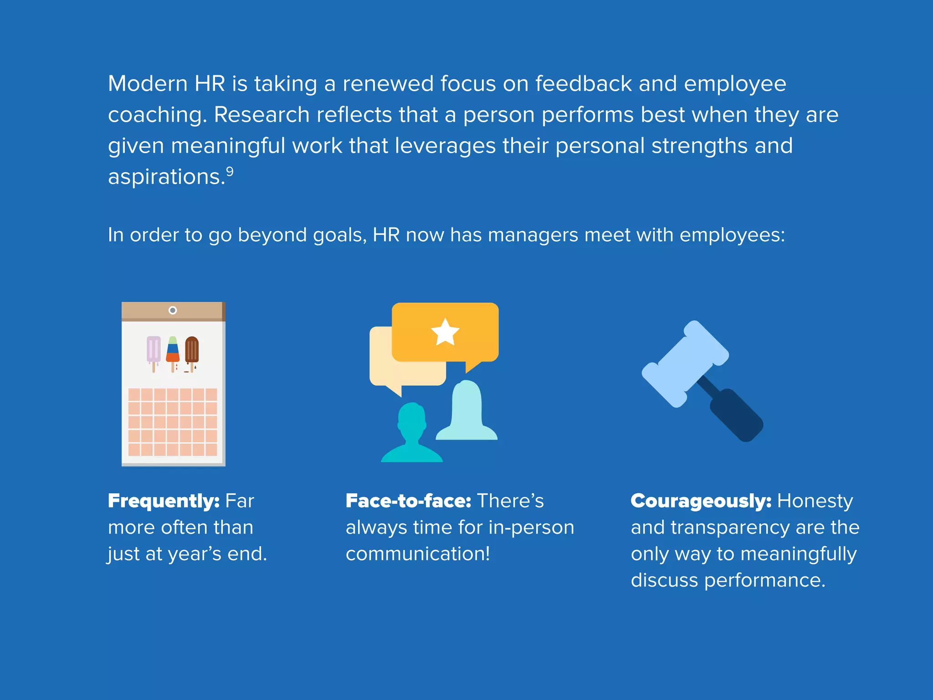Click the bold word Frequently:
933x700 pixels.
tap(164, 501)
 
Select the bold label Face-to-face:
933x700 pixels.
tap(408, 501)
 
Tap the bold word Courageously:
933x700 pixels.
tap(701, 501)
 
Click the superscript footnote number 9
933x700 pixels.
tap(230, 172)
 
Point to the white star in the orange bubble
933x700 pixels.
tap(445, 332)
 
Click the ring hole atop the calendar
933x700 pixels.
tap(173, 310)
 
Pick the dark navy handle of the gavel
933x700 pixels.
tap(733, 413)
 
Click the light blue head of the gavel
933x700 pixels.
tap(685, 363)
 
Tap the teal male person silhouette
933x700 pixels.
tap(412, 433)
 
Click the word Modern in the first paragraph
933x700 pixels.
tap(148, 84)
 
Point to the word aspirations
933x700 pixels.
tap(167, 177)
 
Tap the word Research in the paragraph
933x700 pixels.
tap(261, 115)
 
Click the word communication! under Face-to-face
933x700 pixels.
tap(418, 554)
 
